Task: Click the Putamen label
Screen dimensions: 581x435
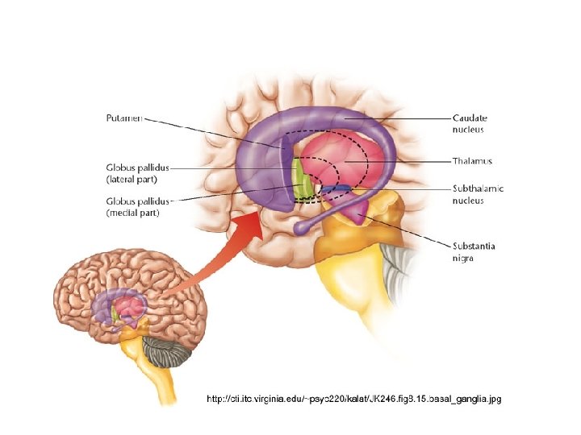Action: [x=124, y=118]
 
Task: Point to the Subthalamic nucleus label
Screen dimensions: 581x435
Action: [x=478, y=194]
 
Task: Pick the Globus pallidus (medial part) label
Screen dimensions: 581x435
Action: [x=137, y=207]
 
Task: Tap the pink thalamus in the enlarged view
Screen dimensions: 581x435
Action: [x=343, y=161]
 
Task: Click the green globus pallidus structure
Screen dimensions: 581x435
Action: [x=299, y=180]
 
